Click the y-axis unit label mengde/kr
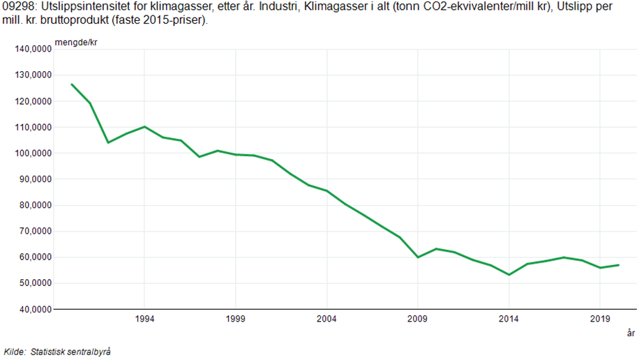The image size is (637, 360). point(79,43)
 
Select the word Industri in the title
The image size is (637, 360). point(278,8)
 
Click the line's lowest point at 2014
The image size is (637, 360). point(509,275)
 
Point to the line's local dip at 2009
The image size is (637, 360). point(417,257)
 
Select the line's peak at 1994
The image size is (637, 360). point(144,127)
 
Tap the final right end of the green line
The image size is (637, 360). point(618,265)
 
